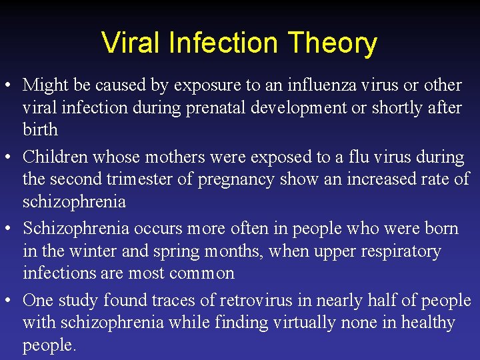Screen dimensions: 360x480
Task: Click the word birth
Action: [40, 129]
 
